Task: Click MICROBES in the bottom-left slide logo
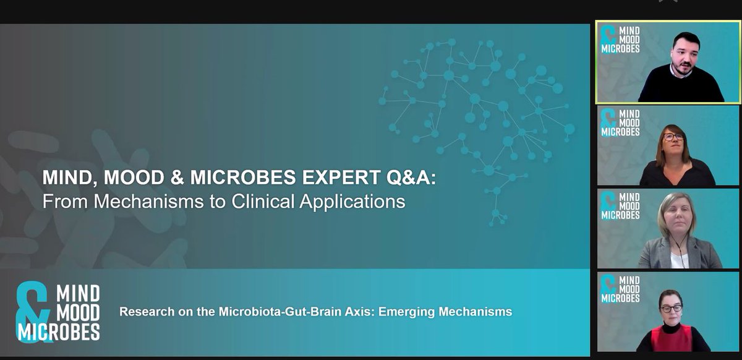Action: [x=59, y=333]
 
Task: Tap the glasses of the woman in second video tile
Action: [x=673, y=137]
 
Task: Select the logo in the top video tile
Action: [x=620, y=40]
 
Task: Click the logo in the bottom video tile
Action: [x=620, y=289]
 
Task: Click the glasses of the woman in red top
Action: [x=670, y=307]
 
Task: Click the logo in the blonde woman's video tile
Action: [x=620, y=206]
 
